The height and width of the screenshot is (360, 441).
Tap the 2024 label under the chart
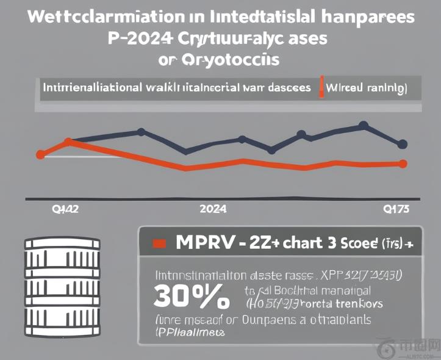213,209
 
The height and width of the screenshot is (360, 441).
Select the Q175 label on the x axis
396,209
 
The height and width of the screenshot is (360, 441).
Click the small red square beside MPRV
159,243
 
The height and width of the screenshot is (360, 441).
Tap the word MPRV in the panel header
203,242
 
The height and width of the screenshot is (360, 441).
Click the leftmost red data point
41,154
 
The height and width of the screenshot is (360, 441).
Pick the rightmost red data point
402,163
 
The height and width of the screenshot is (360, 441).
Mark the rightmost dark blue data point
402,145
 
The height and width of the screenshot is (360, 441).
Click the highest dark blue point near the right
364,126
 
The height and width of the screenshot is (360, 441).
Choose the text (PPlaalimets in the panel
188,333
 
